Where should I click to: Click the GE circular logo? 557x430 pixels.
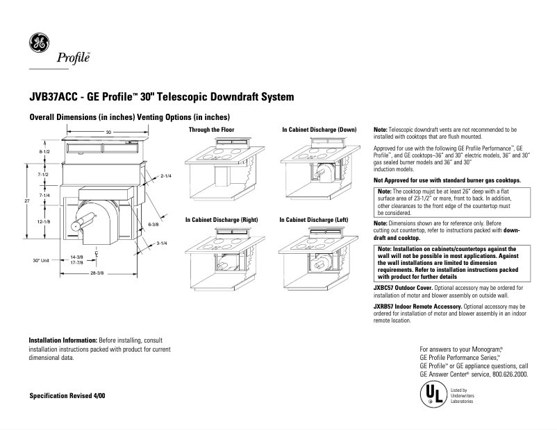coord(38,43)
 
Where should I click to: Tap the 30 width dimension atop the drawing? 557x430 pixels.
coord(108,132)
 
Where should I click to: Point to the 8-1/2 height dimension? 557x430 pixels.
coord(44,151)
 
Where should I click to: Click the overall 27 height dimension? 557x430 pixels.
coord(27,200)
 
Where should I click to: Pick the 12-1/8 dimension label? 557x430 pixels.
coord(44,221)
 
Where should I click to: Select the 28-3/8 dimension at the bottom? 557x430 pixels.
coord(97,273)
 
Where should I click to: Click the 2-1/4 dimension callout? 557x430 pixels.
coord(166,176)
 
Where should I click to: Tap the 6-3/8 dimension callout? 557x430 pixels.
coord(153,225)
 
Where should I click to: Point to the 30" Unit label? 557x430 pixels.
coord(41,261)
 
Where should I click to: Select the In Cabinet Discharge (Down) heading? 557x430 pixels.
coord(319,130)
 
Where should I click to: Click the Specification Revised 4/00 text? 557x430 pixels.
coord(67,395)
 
